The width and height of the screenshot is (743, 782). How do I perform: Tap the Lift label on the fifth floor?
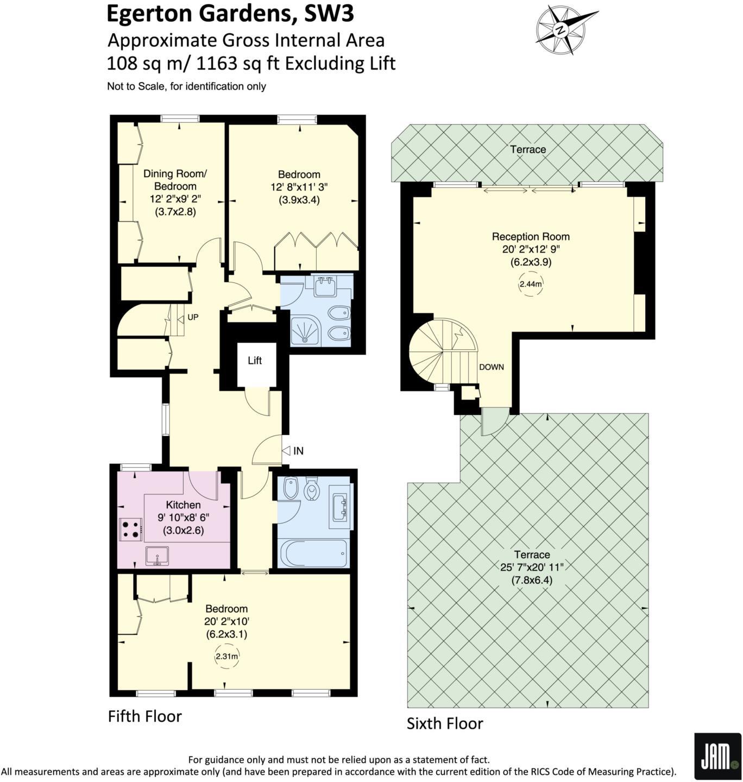255,361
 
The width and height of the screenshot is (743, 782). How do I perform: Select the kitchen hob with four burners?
130,529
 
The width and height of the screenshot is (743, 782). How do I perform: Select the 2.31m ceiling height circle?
226,656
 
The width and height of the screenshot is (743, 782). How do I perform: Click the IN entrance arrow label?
293,451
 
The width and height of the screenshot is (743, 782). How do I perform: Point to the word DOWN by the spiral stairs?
491,367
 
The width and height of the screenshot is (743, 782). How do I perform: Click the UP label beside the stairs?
193,317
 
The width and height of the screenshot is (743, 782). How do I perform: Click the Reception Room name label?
531,237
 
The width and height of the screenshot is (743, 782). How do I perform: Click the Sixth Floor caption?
445,723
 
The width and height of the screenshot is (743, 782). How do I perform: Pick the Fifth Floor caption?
144,716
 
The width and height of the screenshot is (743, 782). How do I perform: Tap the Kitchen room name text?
183,505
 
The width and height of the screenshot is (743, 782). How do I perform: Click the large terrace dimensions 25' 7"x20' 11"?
532,567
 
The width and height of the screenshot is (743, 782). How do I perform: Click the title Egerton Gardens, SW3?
230,14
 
